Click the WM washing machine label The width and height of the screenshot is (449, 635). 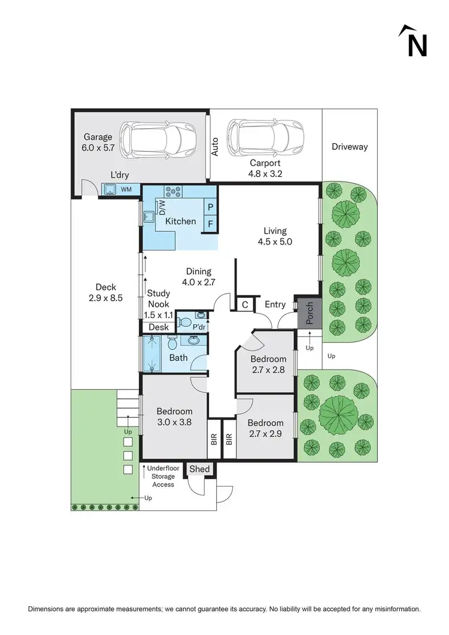tap(126, 190)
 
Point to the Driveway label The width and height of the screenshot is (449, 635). tap(350, 147)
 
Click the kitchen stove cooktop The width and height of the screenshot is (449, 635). tap(173, 192)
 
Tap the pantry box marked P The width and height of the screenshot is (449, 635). tap(210, 206)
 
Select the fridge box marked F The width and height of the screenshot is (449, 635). tap(210, 224)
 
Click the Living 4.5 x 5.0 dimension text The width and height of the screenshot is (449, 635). tap(275, 237)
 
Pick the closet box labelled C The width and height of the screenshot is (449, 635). tap(245, 305)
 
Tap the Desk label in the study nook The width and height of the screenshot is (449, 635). tap(159, 327)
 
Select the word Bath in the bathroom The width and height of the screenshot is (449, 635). tap(178, 358)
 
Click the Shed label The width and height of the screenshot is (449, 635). tap(199, 469)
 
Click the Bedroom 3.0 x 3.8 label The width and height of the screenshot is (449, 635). tap(174, 416)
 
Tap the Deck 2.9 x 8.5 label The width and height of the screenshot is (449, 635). tap(105, 292)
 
